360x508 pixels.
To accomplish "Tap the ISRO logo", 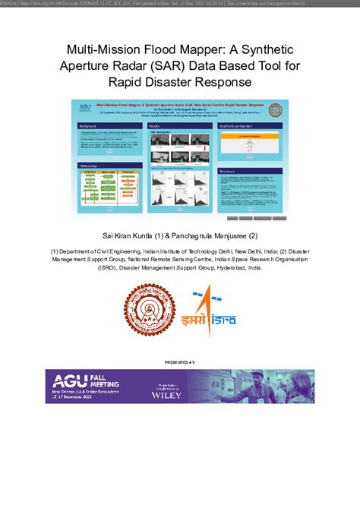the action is pyautogui.click(x=213, y=311).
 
